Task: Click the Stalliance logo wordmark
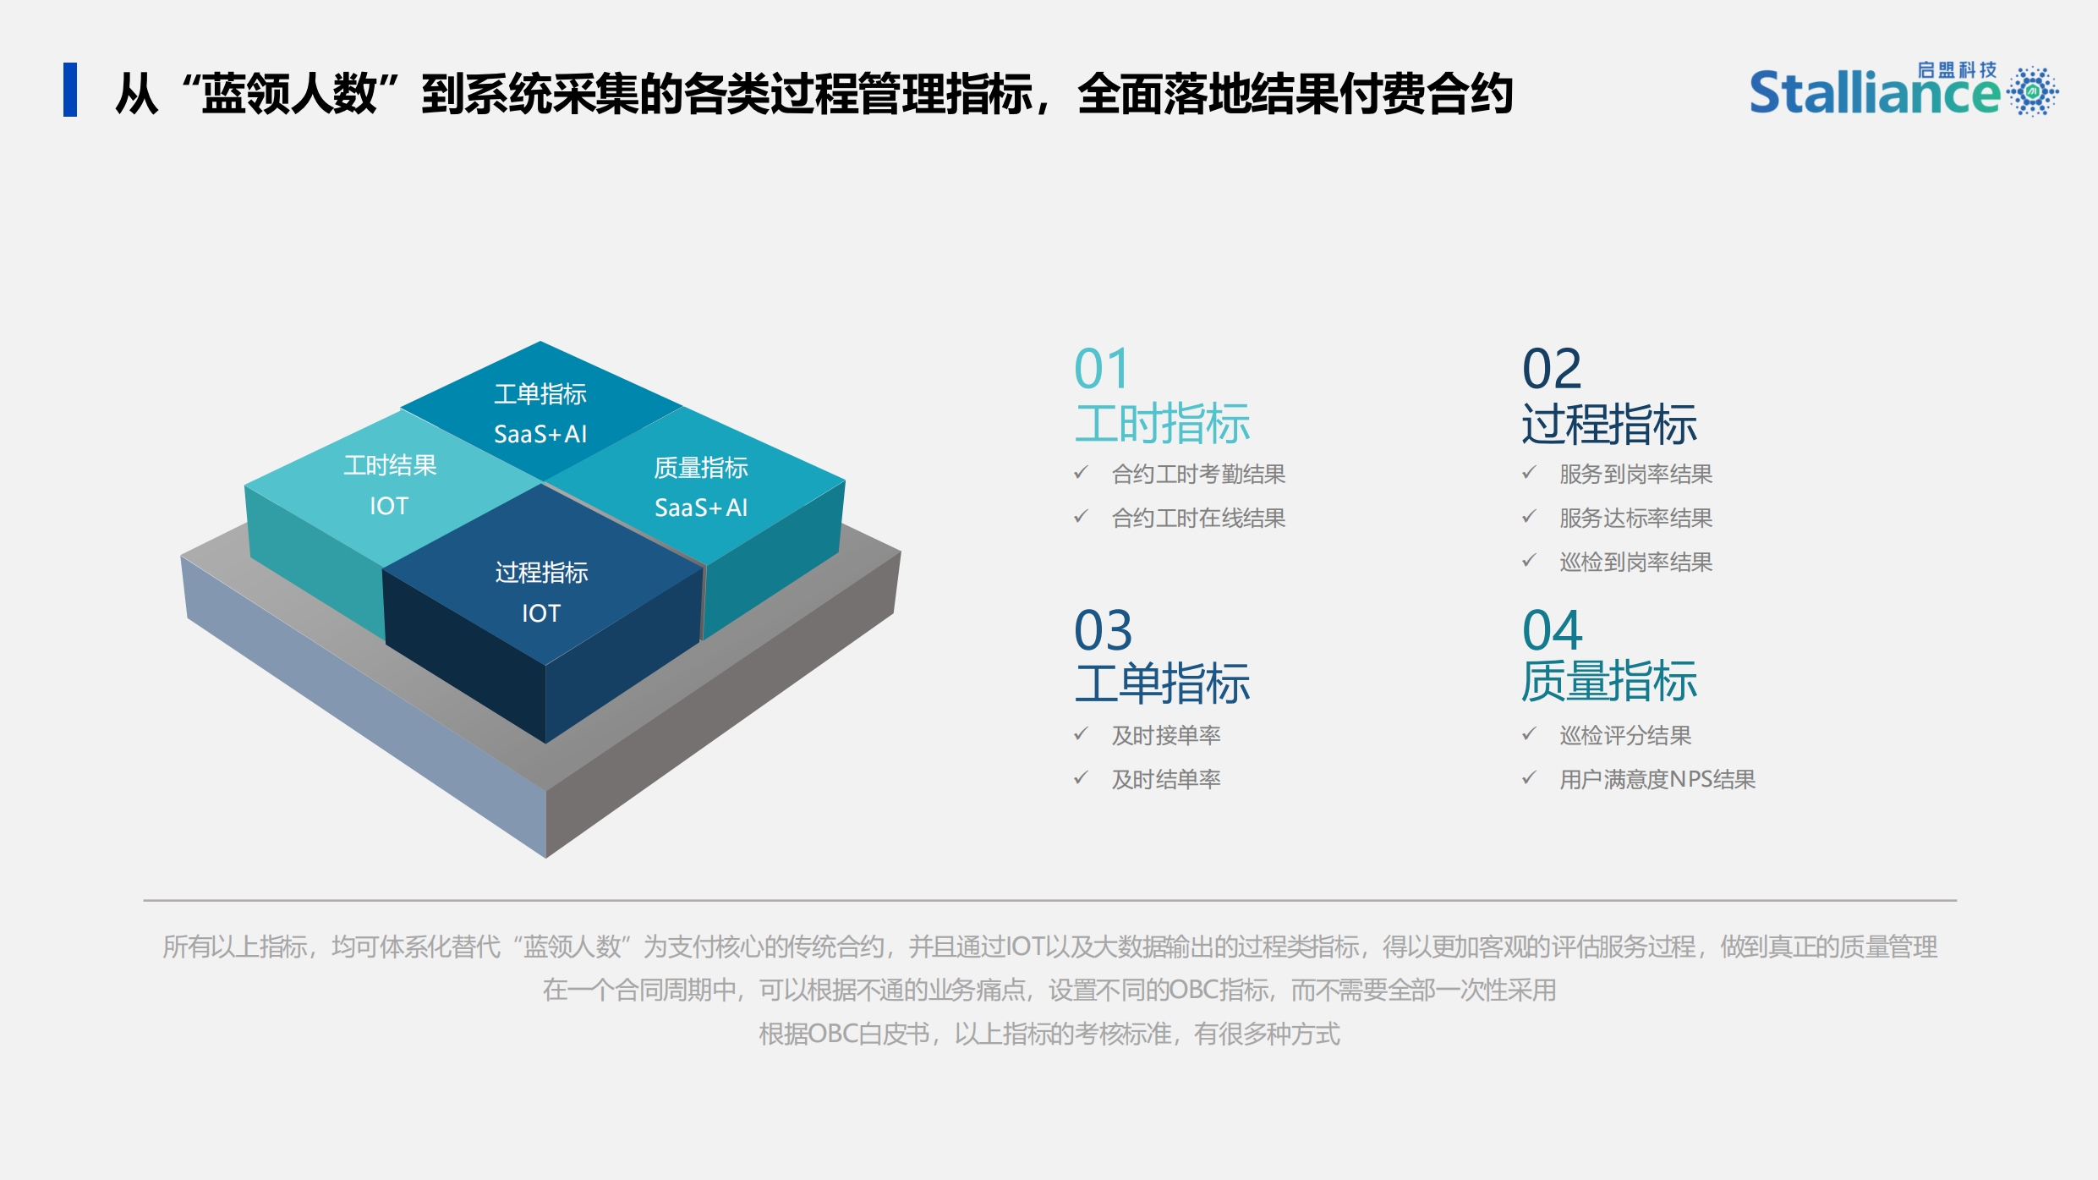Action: pyautogui.click(x=1874, y=92)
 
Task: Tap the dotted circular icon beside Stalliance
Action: pyautogui.click(x=2032, y=91)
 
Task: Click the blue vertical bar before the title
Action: pyautogui.click(x=70, y=90)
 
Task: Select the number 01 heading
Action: pyautogui.click(x=1101, y=369)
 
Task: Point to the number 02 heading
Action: pyautogui.click(x=1552, y=369)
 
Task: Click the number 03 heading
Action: pyautogui.click(x=1104, y=630)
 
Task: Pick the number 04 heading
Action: pyautogui.click(x=1553, y=630)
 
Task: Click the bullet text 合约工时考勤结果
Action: pyautogui.click(x=1198, y=475)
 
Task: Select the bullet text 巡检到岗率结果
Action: pyautogui.click(x=1635, y=563)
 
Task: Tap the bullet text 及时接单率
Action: pyautogui.click(x=1166, y=736)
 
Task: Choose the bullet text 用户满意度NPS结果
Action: pyautogui.click(x=1657, y=780)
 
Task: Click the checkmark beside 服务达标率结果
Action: pyautogui.click(x=1529, y=516)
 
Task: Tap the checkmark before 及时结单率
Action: pyautogui.click(x=1081, y=777)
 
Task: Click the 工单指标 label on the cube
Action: pyautogui.click(x=540, y=394)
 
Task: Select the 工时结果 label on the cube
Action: pyautogui.click(x=390, y=465)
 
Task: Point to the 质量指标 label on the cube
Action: pyautogui.click(x=701, y=468)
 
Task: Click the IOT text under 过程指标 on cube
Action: pyautogui.click(x=541, y=613)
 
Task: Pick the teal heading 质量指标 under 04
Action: pyautogui.click(x=1609, y=682)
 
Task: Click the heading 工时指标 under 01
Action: pyautogui.click(x=1162, y=424)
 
